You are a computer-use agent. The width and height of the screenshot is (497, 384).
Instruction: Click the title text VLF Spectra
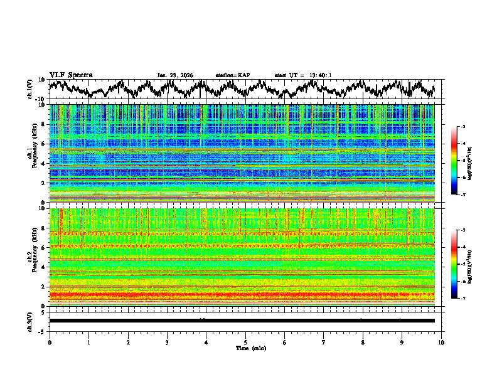coord(71,75)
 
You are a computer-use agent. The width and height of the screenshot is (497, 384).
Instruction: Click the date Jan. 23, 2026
coord(175,75)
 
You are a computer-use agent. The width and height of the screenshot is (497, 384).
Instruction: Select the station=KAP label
coord(232,75)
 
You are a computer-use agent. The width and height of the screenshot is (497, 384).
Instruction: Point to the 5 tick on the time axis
coord(245,343)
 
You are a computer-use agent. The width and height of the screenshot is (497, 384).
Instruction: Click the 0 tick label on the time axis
coord(50,343)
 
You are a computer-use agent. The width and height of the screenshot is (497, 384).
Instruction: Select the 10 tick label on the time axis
coord(441,343)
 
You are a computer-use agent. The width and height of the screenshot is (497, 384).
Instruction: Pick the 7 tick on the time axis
coord(324,343)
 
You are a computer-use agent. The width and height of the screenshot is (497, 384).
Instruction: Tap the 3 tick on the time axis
coord(167,343)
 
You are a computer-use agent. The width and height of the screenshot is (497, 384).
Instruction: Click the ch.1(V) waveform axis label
coord(30,90)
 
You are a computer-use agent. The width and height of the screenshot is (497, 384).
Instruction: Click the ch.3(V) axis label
coord(30,321)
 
